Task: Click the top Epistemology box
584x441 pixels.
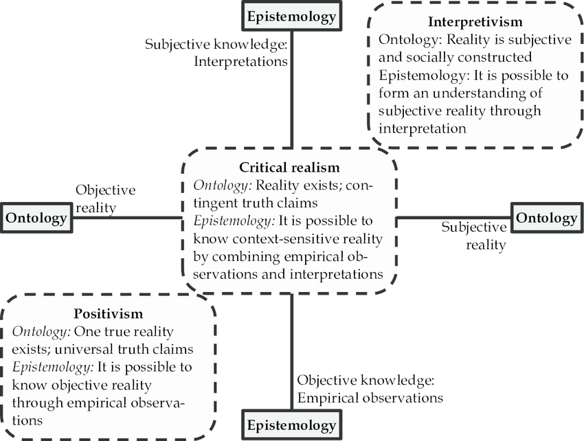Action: pyautogui.click(x=291, y=16)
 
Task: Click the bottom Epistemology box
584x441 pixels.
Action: pyautogui.click(x=291, y=424)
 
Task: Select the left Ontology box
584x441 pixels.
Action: pyautogui.click(x=36, y=218)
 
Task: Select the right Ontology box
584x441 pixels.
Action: pyautogui.click(x=546, y=218)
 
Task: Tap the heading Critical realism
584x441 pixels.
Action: pyautogui.click(x=289, y=167)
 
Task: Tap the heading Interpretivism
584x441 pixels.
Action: pyautogui.click(x=476, y=22)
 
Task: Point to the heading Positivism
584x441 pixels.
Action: pyautogui.click(x=108, y=314)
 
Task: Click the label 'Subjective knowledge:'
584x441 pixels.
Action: pyautogui.click(x=216, y=45)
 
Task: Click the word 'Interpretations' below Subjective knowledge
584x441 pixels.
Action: pyautogui.click(x=240, y=62)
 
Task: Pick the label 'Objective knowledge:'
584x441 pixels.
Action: pyautogui.click(x=366, y=381)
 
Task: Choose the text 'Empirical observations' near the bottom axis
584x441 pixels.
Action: pyautogui.click(x=370, y=397)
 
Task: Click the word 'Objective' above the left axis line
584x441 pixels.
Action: pyautogui.click(x=105, y=190)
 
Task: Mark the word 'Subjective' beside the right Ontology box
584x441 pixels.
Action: pyautogui.click(x=473, y=227)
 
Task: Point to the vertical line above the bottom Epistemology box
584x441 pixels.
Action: pyautogui.click(x=291, y=350)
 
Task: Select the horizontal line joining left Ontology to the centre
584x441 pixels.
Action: pyautogui.click(x=127, y=218)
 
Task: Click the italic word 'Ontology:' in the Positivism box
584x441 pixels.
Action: pyautogui.click(x=40, y=331)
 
